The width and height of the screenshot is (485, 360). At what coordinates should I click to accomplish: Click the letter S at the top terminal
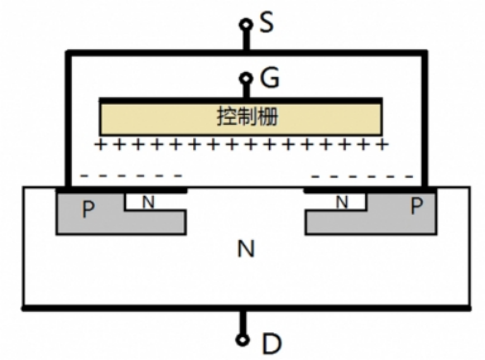[267, 20]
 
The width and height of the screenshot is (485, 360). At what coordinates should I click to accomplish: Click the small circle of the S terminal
[244, 23]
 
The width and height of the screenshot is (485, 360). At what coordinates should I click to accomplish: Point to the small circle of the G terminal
[244, 78]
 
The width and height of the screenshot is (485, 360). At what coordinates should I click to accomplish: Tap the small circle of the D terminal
[244, 338]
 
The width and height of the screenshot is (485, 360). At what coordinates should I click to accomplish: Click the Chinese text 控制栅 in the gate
[242, 117]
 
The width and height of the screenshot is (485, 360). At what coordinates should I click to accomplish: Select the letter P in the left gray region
[88, 209]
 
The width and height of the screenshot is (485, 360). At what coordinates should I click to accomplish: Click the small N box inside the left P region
[148, 202]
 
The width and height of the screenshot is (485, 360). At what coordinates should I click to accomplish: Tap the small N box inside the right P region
[343, 202]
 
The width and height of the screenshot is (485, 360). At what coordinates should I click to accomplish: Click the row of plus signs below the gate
[242, 145]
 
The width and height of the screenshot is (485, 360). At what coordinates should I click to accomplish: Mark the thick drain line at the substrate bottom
[245, 309]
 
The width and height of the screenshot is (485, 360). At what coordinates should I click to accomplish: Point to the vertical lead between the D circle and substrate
[244, 322]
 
